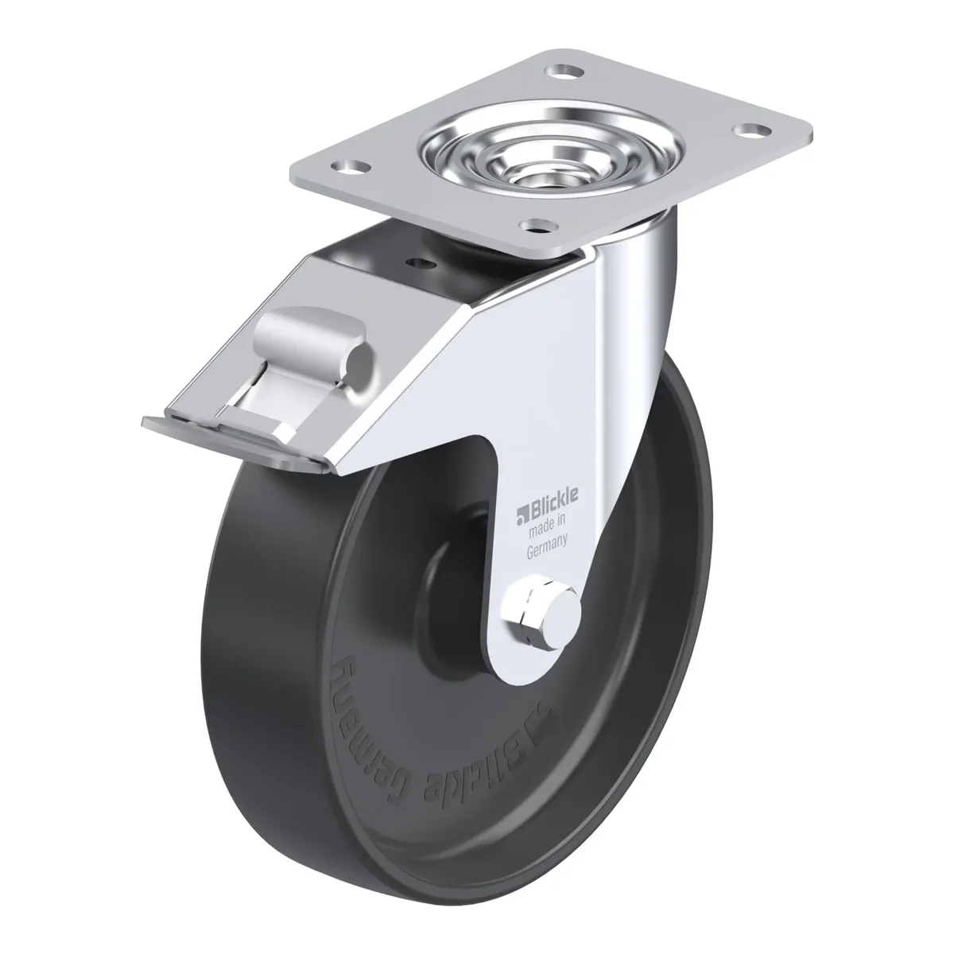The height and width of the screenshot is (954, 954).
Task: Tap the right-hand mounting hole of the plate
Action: pyautogui.click(x=751, y=130)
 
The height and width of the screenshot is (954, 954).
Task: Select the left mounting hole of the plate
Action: pyautogui.click(x=353, y=167)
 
